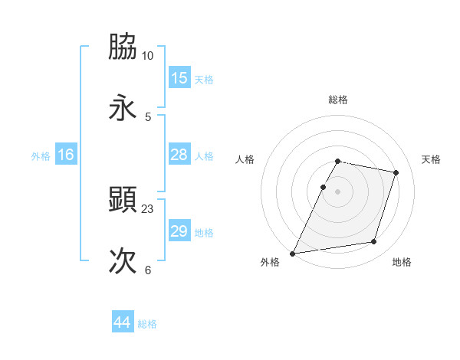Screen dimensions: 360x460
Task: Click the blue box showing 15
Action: point(179,78)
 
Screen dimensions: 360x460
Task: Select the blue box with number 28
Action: point(179,155)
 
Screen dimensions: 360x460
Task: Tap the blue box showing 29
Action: point(179,231)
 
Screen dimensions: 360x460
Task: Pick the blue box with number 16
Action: point(66,155)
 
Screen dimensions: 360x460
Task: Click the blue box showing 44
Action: point(122,322)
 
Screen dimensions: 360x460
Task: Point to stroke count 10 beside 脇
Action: point(148,56)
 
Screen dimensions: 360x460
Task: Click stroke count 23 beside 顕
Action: point(148,208)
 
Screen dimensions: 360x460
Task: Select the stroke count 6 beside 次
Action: point(148,270)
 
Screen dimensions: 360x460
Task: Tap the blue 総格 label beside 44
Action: point(147,324)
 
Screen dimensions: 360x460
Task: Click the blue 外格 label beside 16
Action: point(41,156)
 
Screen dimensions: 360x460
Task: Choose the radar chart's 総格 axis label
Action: point(338,100)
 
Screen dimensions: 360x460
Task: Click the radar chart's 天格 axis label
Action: point(431,159)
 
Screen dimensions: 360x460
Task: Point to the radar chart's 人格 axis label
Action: point(245,159)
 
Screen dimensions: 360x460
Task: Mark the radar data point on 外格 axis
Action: point(293,253)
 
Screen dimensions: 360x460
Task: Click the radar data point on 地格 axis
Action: point(374,242)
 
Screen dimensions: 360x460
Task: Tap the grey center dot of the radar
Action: point(338,191)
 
